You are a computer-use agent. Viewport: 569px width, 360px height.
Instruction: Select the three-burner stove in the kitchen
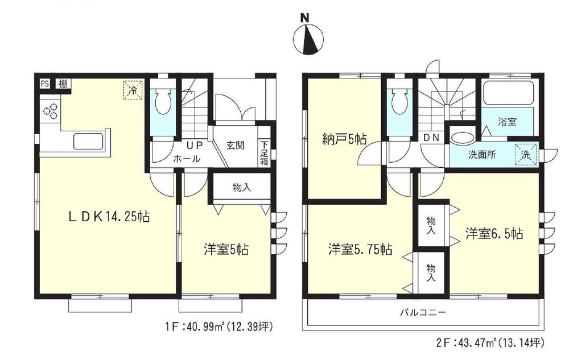[x=50, y=110]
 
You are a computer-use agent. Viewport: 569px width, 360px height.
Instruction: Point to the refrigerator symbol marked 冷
[x=133, y=89]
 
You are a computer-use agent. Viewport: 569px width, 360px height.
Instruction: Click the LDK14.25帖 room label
[x=109, y=217]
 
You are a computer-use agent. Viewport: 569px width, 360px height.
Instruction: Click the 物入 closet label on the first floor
[x=242, y=187]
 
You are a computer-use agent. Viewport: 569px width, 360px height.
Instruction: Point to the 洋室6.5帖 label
[x=493, y=233]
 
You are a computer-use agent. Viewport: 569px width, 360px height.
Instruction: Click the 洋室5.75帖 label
[x=359, y=249]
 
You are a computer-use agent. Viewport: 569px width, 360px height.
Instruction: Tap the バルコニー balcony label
[x=422, y=312]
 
